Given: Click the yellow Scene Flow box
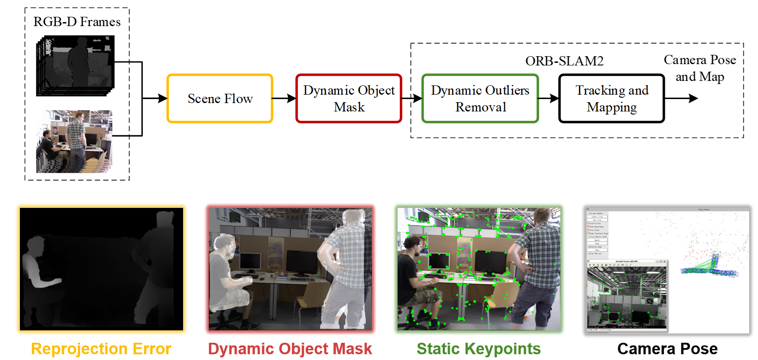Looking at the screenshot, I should pos(220,98).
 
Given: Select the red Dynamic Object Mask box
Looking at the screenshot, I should pos(348,98).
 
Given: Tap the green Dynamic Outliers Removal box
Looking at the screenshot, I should pos(480,98).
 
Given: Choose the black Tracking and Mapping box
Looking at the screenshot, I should pos(612,98).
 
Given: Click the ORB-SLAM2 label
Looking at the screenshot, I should pos(564,61).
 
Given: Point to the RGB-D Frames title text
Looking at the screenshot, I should pos(77,22).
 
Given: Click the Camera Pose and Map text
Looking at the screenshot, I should pos(700,68).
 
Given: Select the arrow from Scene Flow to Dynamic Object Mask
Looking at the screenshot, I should pos(284,98).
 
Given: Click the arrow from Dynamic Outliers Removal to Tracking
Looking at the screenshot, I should pos(548,98).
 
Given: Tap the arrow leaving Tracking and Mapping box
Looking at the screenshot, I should pos(681,98).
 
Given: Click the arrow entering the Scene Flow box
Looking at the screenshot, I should pos(155,98).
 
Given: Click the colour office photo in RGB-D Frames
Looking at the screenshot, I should pos(74,142).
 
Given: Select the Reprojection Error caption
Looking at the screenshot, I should pos(101,349).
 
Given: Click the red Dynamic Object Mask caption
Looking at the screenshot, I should pos(290,349).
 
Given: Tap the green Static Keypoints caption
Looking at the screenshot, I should pos(479,349).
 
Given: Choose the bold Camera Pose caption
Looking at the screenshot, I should pos(667,349).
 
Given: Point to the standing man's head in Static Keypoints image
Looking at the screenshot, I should pos(542,216).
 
